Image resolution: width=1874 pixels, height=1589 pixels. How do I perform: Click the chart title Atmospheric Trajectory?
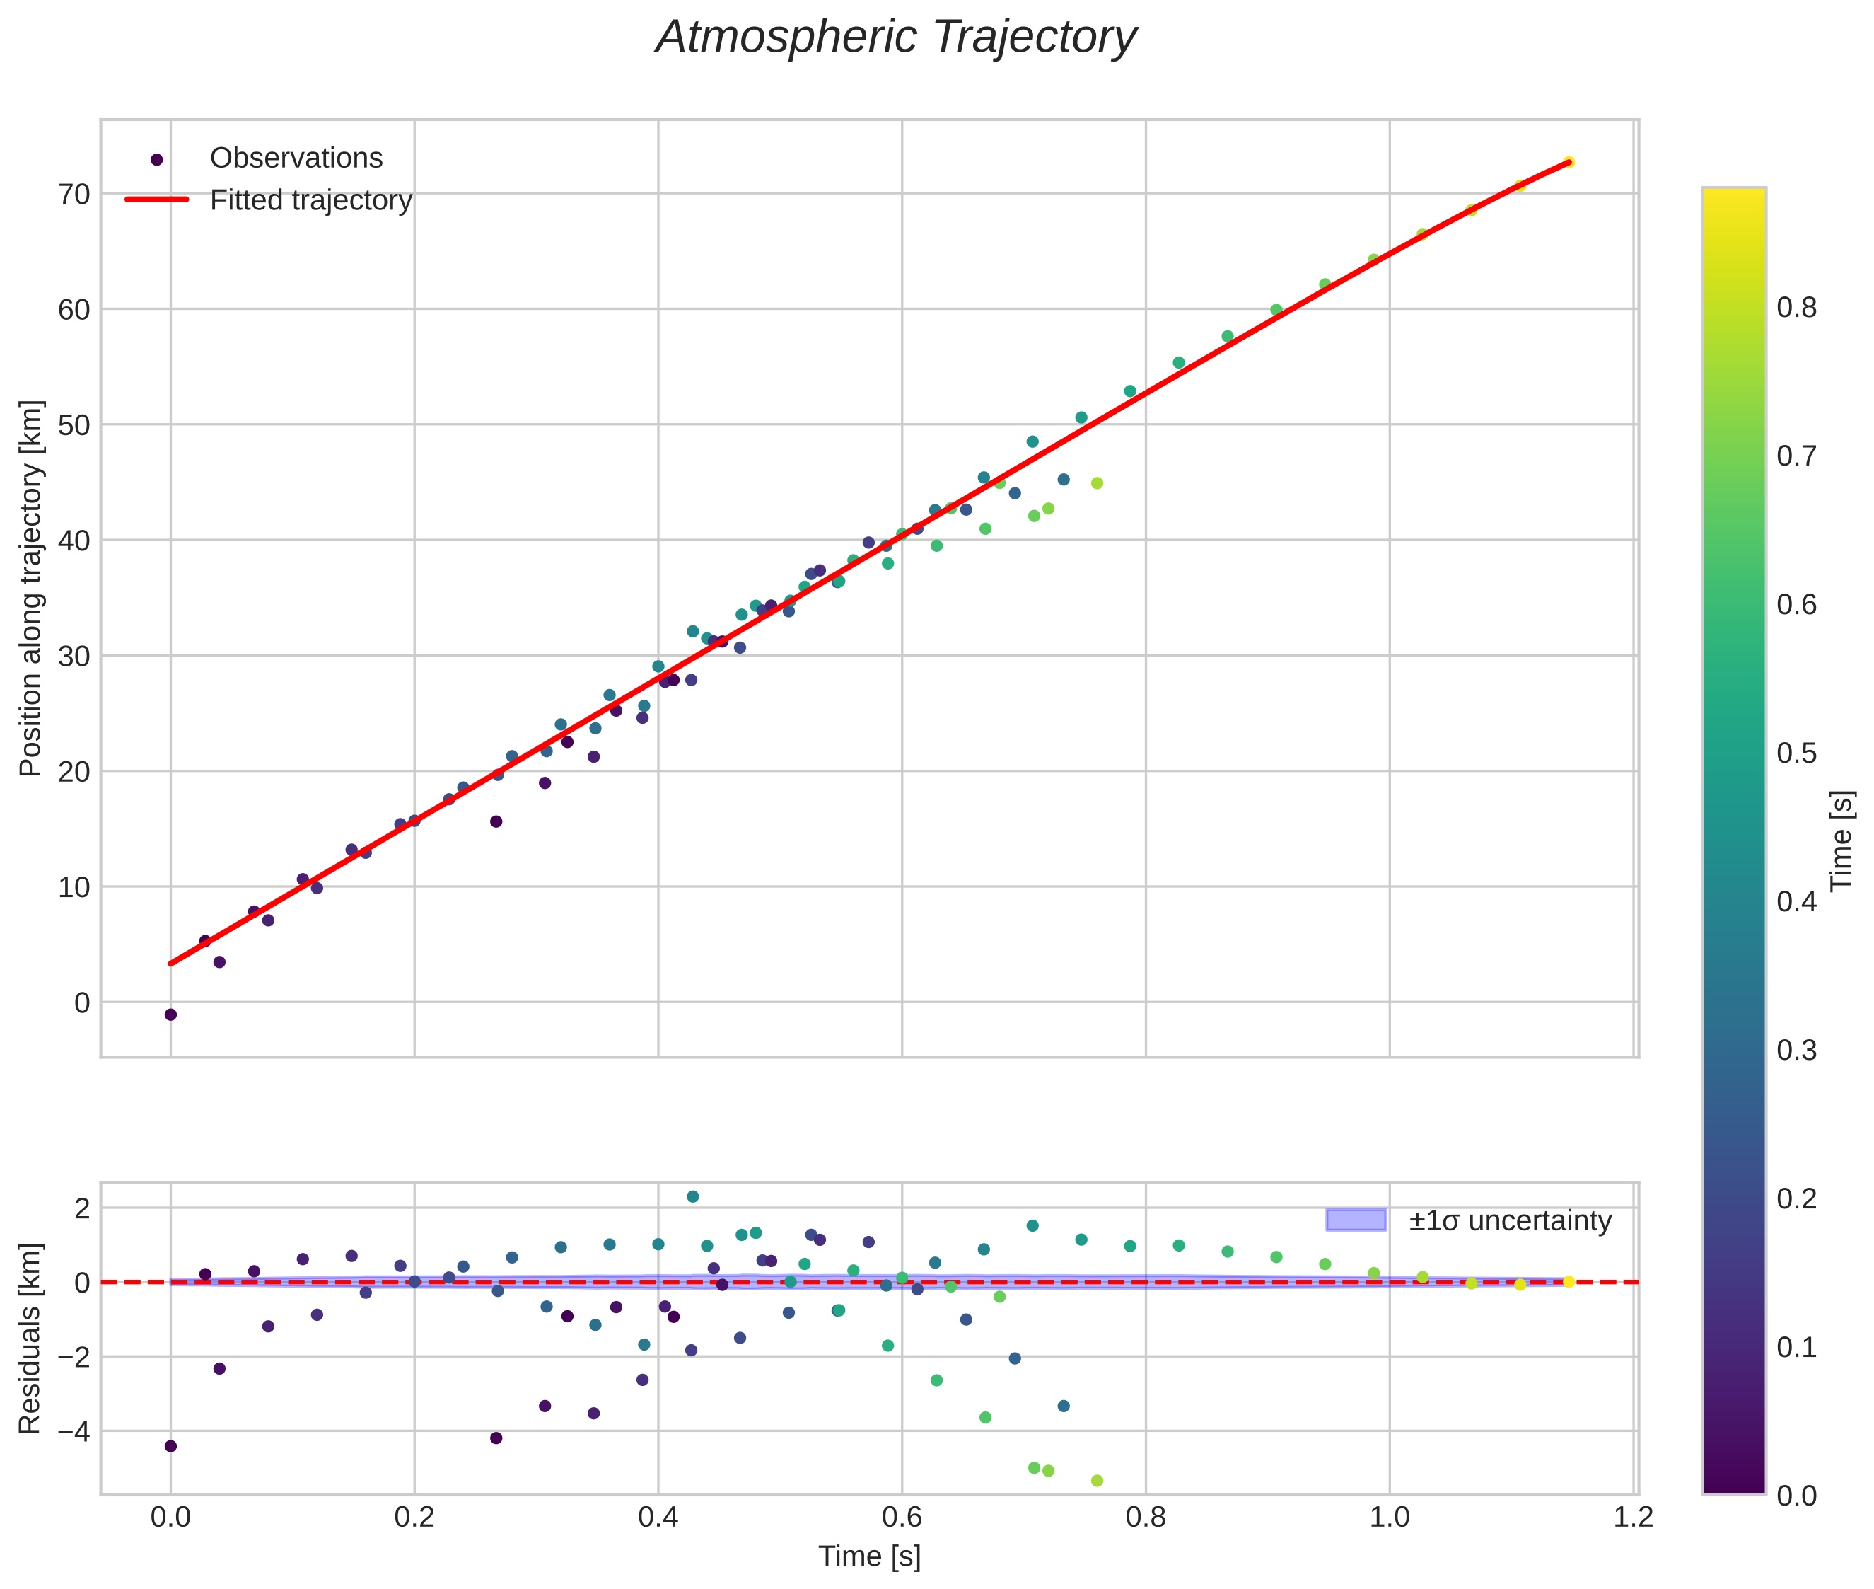(896, 37)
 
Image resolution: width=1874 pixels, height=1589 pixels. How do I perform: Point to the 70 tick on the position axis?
(75, 194)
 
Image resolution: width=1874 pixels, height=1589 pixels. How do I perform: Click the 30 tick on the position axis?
(75, 656)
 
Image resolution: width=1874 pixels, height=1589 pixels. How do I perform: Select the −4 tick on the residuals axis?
(69, 1431)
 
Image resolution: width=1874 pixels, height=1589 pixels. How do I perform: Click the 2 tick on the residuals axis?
(82, 1208)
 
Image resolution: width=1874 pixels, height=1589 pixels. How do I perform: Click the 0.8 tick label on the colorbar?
(1796, 308)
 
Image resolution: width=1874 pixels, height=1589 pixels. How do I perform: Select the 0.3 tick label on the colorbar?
(1796, 1051)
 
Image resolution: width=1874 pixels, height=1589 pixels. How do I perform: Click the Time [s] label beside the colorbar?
(1842, 840)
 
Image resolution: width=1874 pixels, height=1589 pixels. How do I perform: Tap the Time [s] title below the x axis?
(869, 1556)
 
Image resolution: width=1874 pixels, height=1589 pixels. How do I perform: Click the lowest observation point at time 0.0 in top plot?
(170, 1015)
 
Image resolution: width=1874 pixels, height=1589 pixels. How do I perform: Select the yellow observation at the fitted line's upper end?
(1568, 162)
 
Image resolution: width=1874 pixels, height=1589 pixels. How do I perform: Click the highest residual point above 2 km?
(692, 1196)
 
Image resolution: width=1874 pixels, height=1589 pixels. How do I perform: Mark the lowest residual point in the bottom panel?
(1097, 1481)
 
